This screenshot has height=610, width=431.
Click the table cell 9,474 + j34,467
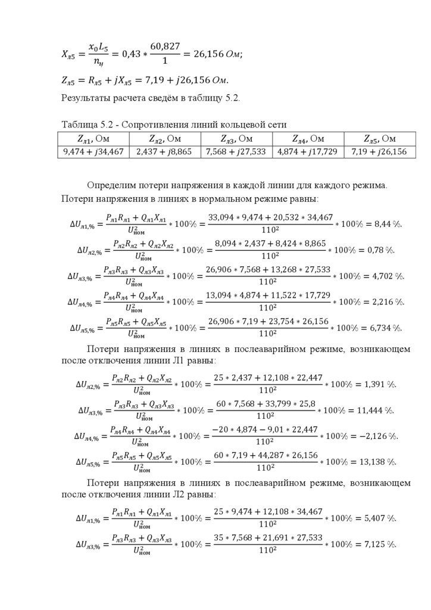(93, 152)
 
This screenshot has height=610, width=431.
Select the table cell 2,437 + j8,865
(164, 152)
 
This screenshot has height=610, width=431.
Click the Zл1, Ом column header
(93, 139)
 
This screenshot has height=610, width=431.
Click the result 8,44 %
(388, 224)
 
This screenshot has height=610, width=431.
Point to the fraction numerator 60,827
(164, 45)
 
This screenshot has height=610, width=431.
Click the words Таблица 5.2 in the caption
(82, 125)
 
